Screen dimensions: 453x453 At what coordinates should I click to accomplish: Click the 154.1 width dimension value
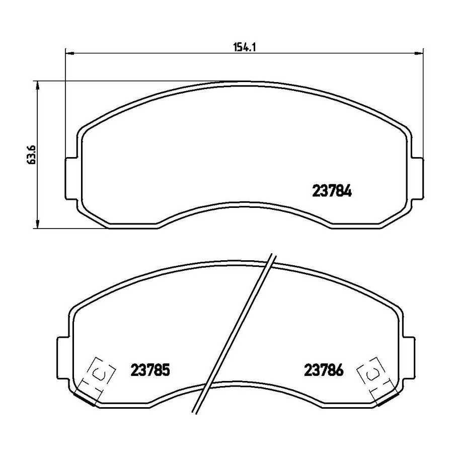tap(245, 47)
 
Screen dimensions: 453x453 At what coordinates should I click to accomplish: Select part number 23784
tap(332, 191)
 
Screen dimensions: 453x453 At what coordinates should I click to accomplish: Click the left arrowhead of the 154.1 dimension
tap(70, 53)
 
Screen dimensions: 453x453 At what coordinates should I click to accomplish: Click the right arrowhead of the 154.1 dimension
tap(419, 53)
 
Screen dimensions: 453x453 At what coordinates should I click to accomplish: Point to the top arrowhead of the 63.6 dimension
tap(37, 86)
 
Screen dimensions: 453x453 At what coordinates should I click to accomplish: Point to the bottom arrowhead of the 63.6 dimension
tap(37, 224)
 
